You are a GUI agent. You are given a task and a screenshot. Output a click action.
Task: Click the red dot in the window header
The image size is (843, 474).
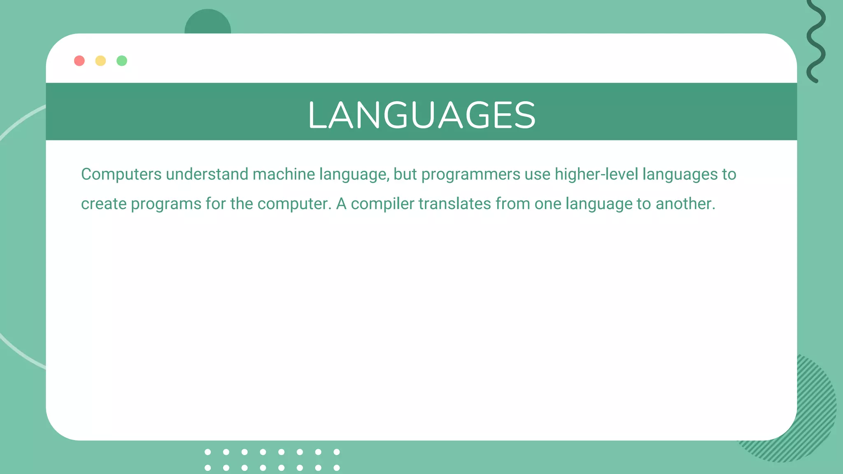[x=79, y=61]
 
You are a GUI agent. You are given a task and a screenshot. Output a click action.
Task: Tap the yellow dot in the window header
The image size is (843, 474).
[x=100, y=61]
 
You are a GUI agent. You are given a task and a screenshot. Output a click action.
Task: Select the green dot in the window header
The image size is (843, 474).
[x=122, y=61]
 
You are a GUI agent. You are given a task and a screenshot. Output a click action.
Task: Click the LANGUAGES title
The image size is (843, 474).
[x=421, y=115]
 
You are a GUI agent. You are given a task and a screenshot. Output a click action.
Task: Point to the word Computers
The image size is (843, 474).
[x=121, y=174]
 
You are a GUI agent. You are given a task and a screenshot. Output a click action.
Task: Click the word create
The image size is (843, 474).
[x=104, y=204]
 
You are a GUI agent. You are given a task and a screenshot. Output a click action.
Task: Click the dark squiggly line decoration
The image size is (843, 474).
[x=816, y=41]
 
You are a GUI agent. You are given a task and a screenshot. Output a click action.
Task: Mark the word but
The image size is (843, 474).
[x=405, y=174]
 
